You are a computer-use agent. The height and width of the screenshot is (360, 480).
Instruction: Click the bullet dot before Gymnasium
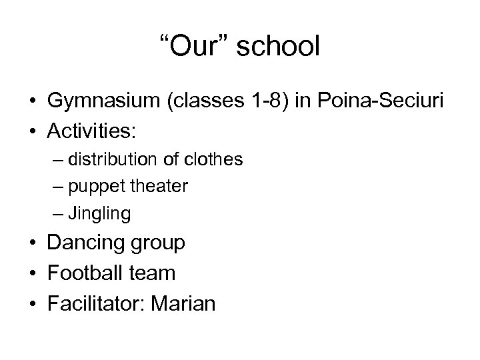pos(32,102)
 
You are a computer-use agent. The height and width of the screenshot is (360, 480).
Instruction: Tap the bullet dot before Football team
pos(32,273)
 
